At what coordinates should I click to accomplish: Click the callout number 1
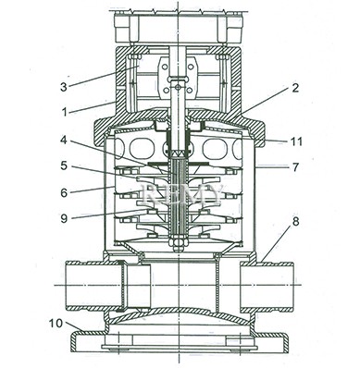64,112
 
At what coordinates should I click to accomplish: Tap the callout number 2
295,88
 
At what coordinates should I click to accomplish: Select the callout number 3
63,87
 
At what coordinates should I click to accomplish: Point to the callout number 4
63,141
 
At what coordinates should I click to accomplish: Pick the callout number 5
64,166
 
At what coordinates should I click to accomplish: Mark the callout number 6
64,192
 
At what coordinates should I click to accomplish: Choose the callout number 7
295,167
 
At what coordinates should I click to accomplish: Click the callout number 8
295,222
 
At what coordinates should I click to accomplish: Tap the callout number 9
64,218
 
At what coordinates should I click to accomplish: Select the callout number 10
56,324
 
